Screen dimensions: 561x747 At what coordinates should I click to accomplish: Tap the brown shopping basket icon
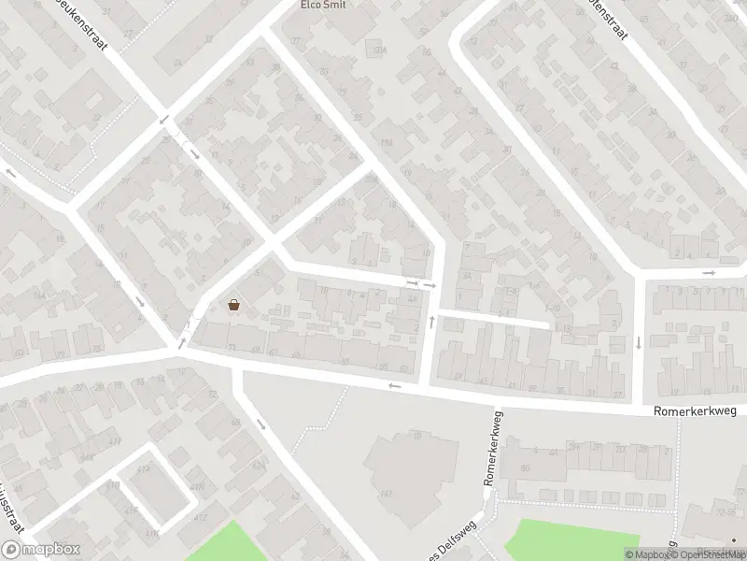pos(233,304)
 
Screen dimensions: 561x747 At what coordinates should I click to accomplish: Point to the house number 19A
pos(386,142)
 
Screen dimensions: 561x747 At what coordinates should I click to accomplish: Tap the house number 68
pos(235,423)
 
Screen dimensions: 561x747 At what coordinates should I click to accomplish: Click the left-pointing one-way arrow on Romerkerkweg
pos(395,385)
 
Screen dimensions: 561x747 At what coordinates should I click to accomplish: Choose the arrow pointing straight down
pos(639,342)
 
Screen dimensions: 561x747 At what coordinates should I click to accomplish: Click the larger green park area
pos(570,540)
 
